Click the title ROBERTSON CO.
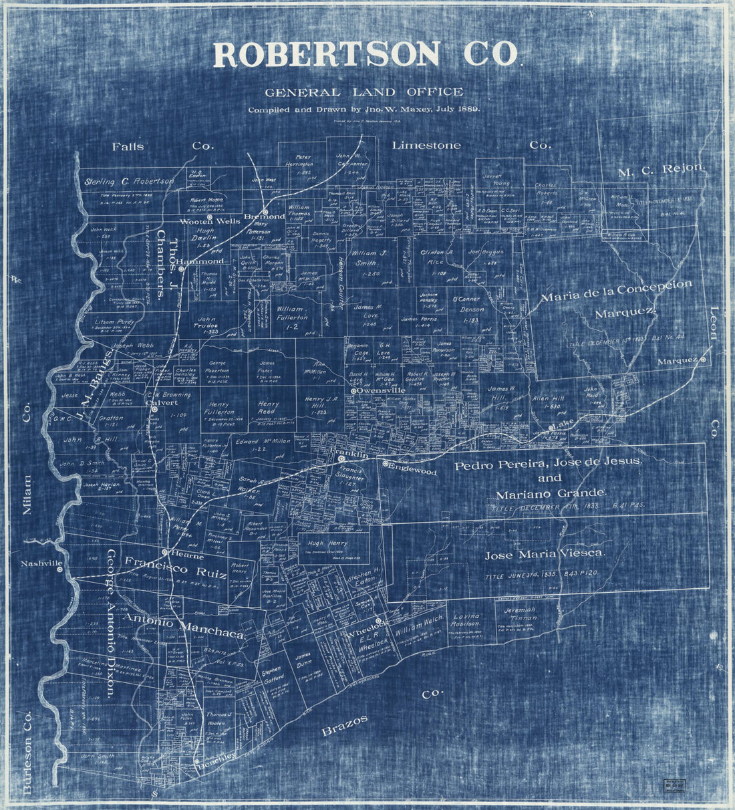point(365,55)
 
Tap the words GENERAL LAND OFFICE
point(363,92)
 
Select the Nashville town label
point(41,564)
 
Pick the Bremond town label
point(265,217)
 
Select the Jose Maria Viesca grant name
point(545,554)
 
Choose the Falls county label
point(128,146)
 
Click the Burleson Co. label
point(27,750)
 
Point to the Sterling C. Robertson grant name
point(130,180)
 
